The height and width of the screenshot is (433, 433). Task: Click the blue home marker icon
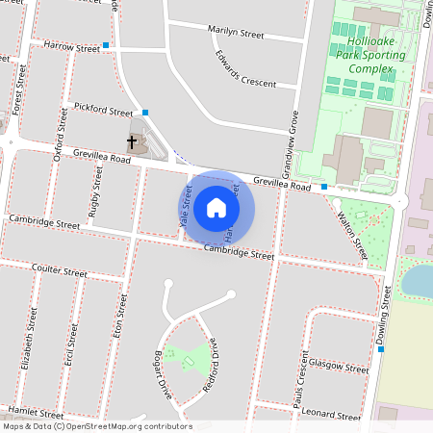pos(216,207)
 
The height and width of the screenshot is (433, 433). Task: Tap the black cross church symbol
pos(132,142)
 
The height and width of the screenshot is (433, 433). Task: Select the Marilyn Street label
pos(236,33)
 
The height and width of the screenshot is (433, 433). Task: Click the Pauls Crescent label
pos(301,374)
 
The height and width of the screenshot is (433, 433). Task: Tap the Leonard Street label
pos(332,416)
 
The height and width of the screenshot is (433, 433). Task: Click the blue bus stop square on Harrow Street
pos(106,45)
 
